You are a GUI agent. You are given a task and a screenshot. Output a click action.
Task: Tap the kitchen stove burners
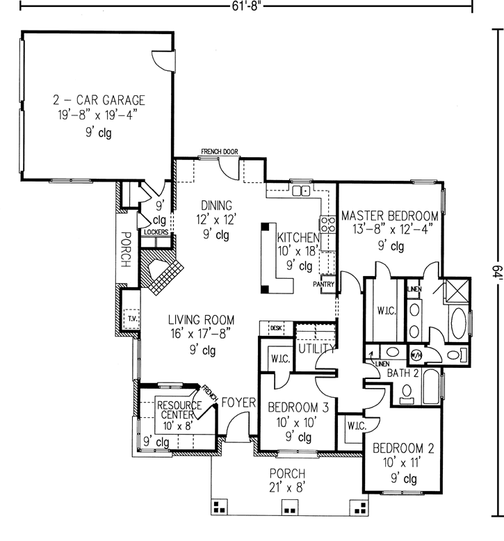coord(327,224)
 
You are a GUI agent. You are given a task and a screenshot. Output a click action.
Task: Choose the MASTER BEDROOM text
coord(389,216)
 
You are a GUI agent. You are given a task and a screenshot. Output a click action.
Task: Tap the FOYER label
coord(238,403)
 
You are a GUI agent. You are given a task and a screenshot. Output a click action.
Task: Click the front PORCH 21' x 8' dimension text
coord(286,487)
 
